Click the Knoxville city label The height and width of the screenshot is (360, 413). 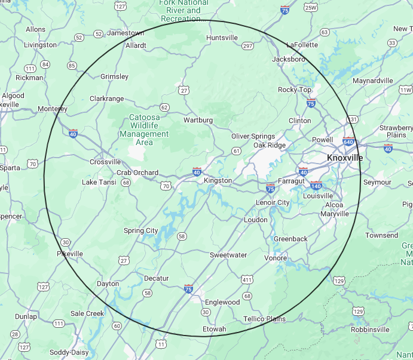coord(345,158)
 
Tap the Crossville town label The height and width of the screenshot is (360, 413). coord(105,162)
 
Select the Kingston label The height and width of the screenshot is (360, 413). coord(218,180)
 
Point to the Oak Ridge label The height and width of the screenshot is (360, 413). coord(270,145)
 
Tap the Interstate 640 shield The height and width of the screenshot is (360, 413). coord(348,142)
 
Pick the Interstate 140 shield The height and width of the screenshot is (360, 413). coord(316,186)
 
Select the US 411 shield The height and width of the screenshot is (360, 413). coord(247,279)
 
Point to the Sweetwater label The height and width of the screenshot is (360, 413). coord(228,255)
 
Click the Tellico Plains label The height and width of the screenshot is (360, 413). coord(264,319)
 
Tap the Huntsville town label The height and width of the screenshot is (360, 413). coord(222,38)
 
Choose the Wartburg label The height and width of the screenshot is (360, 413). coord(198,120)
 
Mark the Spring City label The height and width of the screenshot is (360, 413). coord(141,230)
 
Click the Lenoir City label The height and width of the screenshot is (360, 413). coord(273,202)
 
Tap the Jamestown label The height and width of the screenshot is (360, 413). coord(126,33)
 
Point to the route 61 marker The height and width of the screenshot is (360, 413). coord(237,150)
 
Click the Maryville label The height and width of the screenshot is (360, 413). coord(334,214)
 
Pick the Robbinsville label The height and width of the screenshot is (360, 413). coord(370,329)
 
